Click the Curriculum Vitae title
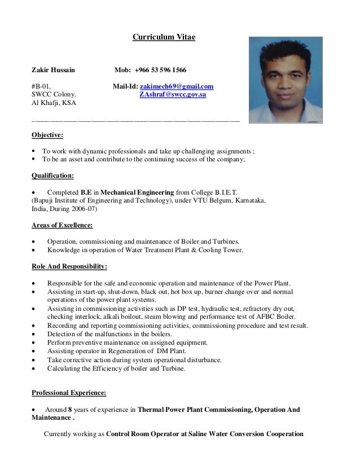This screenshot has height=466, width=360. (164, 37)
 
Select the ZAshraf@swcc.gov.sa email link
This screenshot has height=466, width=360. (173, 95)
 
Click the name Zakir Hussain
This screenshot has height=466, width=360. (52, 70)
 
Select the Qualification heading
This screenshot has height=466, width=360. (52, 175)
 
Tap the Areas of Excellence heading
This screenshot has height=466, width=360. (62, 226)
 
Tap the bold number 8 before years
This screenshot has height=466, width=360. (70, 410)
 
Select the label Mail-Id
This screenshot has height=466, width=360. (125, 86)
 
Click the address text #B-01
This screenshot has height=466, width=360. (41, 86)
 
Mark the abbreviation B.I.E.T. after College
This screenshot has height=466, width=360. (223, 192)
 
